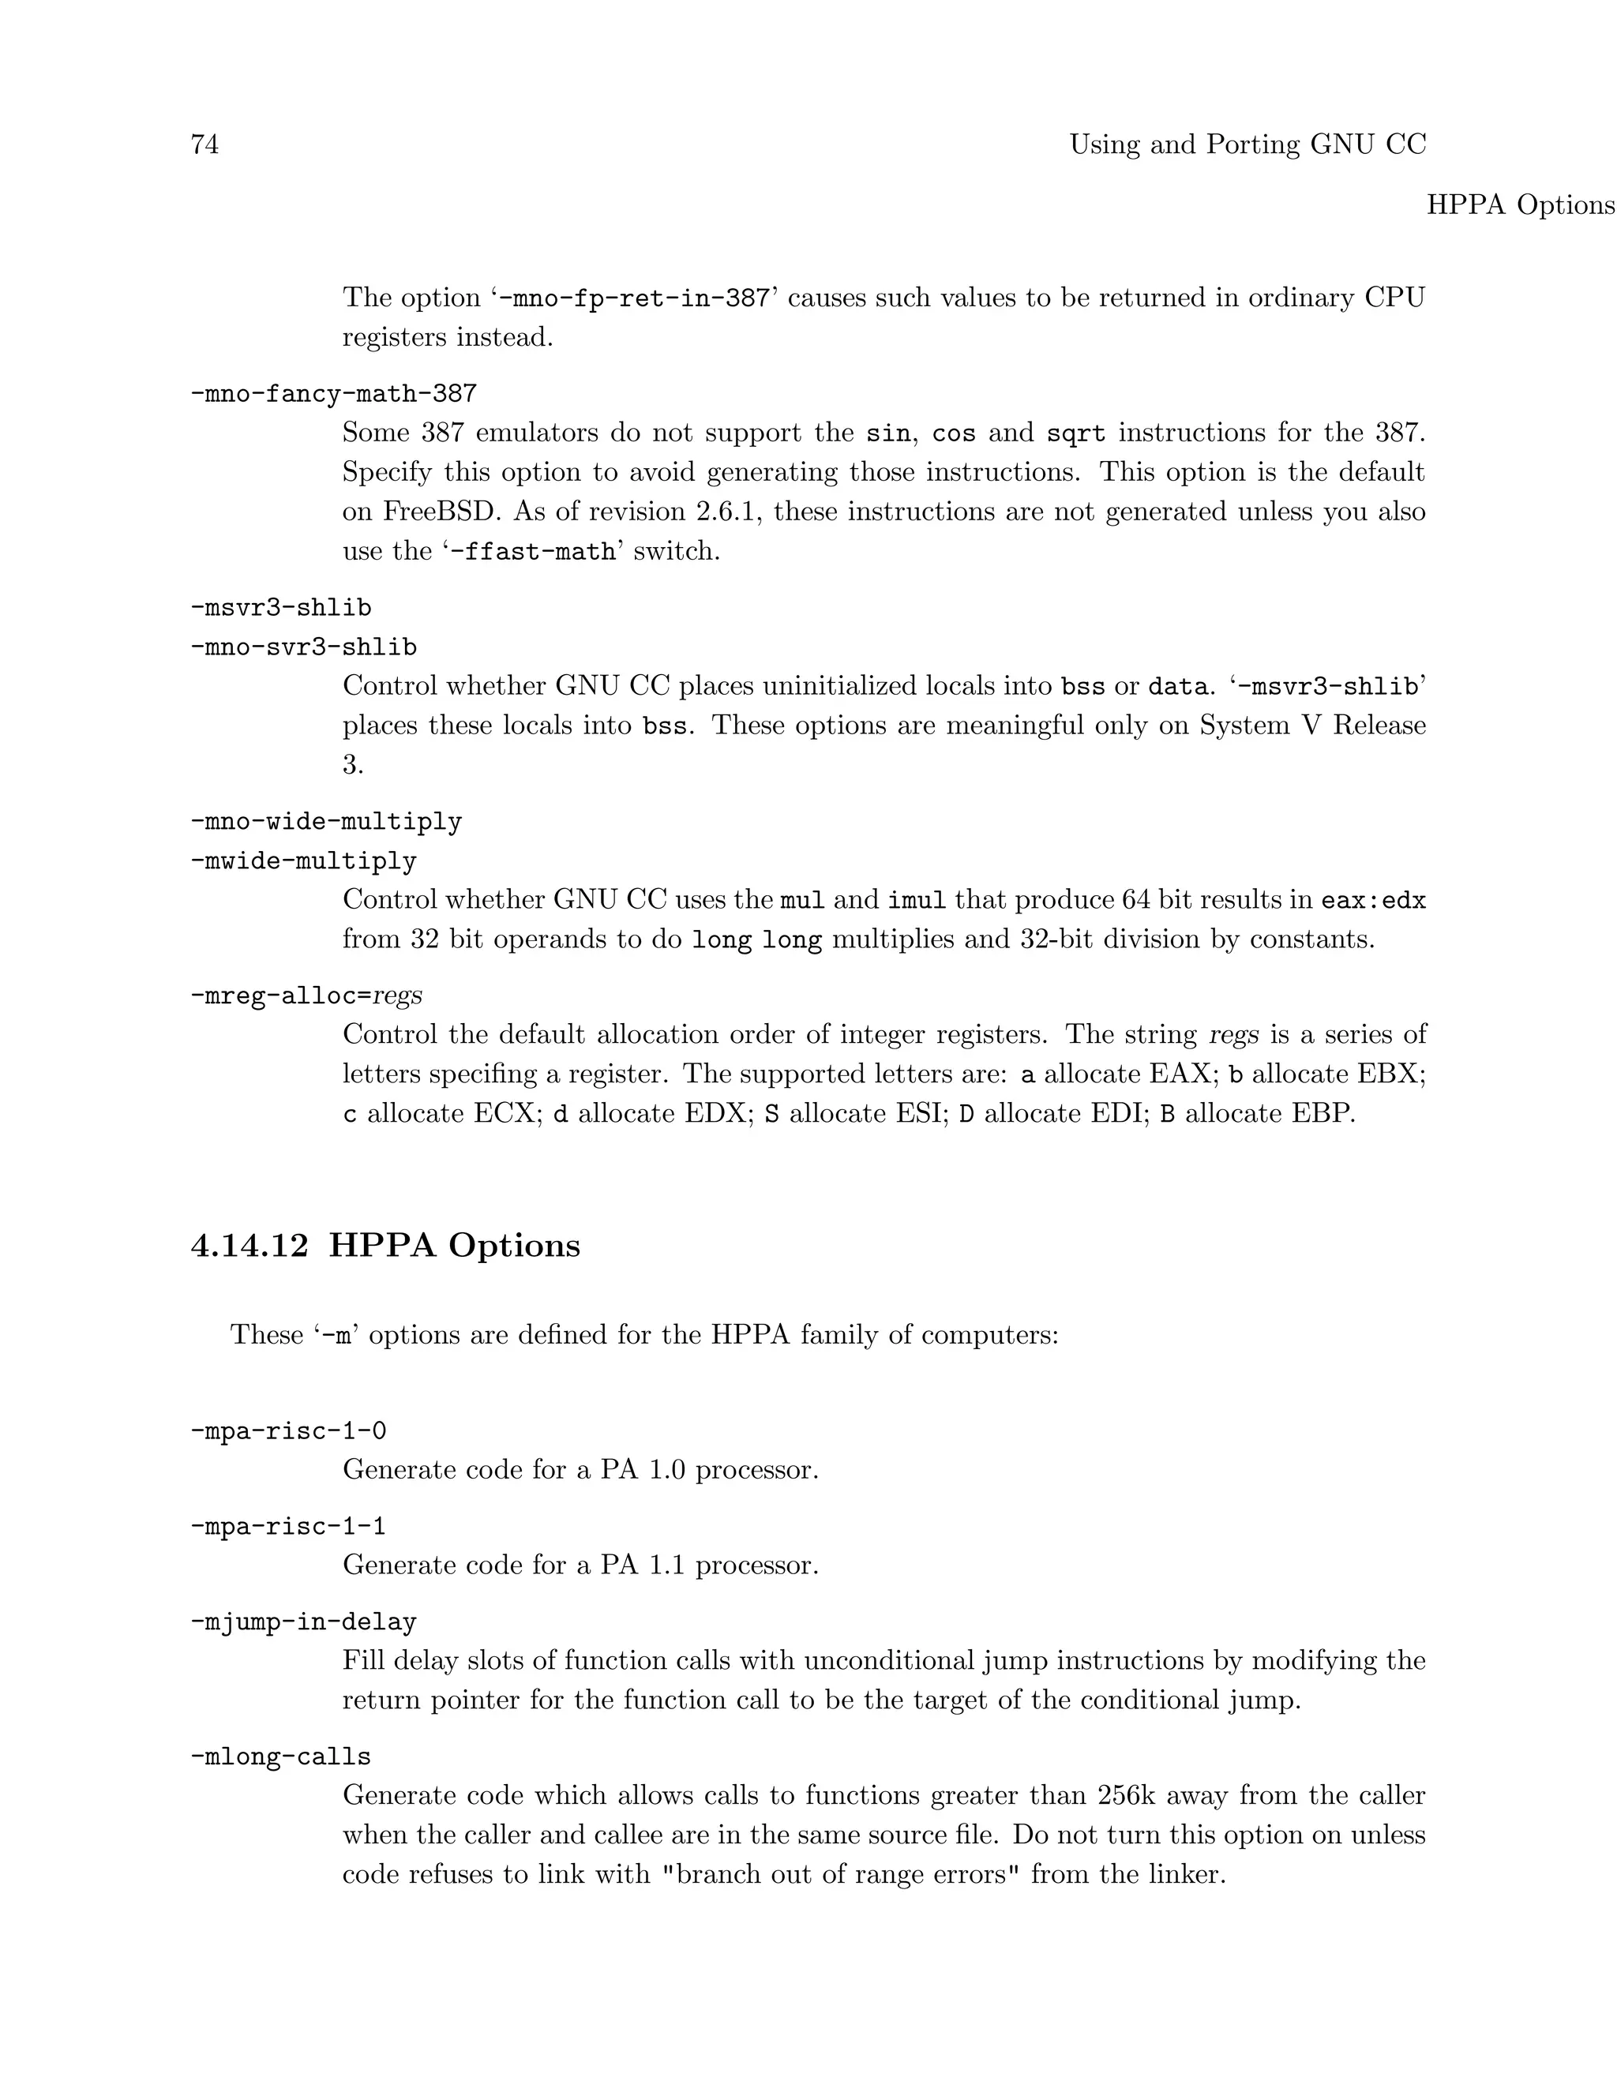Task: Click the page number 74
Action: [205, 144]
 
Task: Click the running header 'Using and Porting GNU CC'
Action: [1247, 144]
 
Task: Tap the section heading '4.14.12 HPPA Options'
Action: [385, 1245]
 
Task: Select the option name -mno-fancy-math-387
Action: [333, 394]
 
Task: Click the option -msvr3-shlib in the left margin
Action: [280, 607]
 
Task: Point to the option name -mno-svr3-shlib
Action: [304, 647]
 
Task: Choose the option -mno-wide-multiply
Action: [326, 822]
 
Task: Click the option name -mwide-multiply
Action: [304, 861]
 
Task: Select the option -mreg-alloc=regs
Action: [306, 996]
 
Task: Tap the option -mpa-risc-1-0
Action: [288, 1431]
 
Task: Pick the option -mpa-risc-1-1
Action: [288, 1526]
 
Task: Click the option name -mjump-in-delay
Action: [304, 1621]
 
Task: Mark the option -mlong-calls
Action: [280, 1756]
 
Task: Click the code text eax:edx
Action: [1373, 901]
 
